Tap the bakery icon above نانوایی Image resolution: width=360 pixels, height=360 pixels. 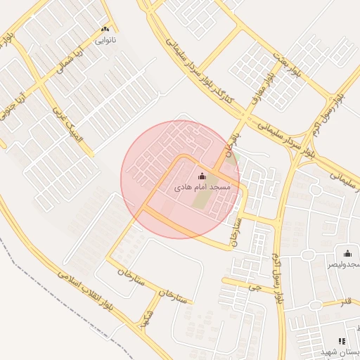tap(105, 29)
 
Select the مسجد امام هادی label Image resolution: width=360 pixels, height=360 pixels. tap(202, 188)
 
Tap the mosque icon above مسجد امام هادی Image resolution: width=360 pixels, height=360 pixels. tap(202, 176)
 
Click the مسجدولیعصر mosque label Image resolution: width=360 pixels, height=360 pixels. tap(344, 264)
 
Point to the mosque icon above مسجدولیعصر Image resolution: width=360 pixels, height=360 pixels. tap(347, 253)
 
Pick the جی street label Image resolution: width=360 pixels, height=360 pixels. tap(259, 287)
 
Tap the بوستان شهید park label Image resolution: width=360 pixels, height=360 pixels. tap(345, 351)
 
